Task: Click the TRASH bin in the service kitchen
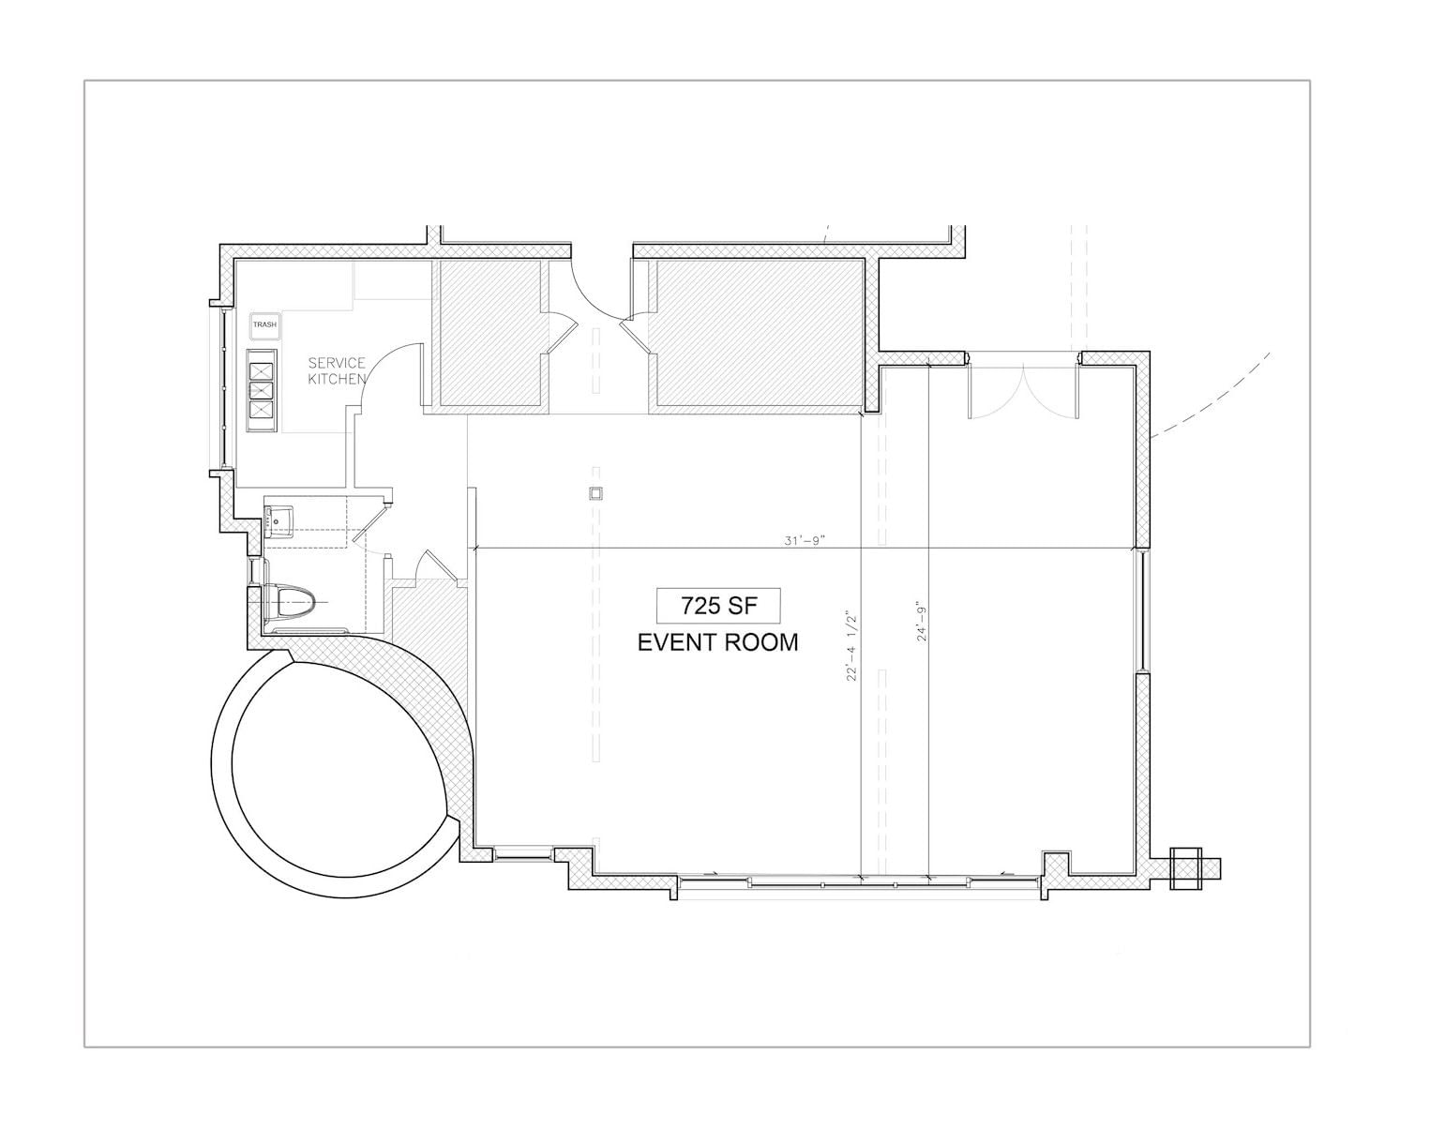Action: [264, 325]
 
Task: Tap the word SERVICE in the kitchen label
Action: [337, 363]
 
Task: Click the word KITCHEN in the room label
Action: [337, 379]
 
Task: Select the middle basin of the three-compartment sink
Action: [262, 390]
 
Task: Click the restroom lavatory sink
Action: [279, 521]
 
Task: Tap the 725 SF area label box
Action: [717, 606]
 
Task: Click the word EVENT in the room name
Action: [676, 642]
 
